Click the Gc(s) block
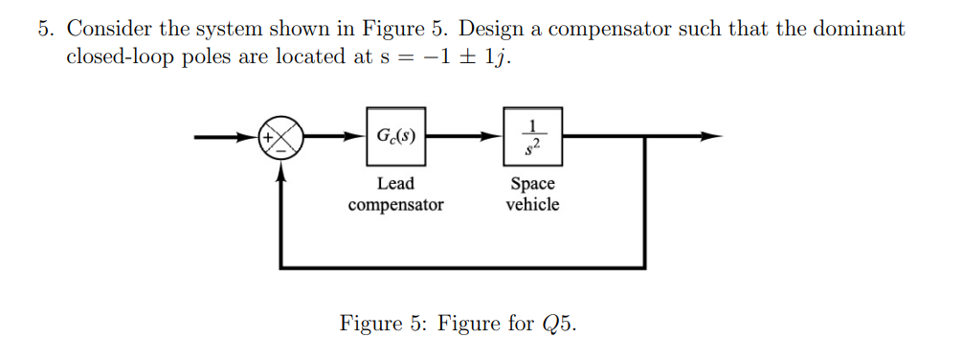pyautogui.click(x=395, y=136)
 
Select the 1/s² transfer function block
pyautogui.click(x=532, y=136)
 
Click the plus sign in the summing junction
pyautogui.click(x=271, y=137)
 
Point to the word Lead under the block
pyautogui.click(x=395, y=184)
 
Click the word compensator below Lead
pyautogui.click(x=395, y=205)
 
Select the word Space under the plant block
pyautogui.click(x=532, y=184)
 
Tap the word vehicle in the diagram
pyautogui.click(x=532, y=205)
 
